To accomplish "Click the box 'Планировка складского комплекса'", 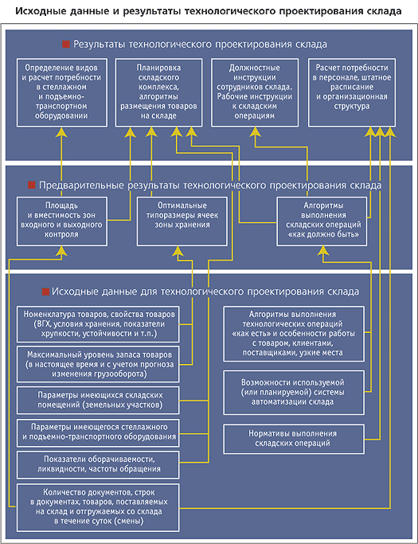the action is coord(159,92).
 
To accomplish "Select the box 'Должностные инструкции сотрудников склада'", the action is coord(255,92).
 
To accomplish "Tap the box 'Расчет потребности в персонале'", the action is coord(352,92).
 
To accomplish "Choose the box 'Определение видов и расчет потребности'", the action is coord(62,92).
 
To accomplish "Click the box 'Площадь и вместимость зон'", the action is coord(62,221).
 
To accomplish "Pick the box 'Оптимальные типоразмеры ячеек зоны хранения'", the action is coord(182,221).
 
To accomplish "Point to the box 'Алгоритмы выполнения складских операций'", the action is coord(322,221).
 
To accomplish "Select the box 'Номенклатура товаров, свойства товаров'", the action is coord(98,324).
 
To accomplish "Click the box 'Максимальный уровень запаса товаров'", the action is coord(98,364).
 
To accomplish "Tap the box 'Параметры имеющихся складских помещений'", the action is coord(98,400).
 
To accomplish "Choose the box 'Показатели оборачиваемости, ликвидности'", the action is coord(98,464).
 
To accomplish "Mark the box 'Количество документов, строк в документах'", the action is coord(98,507).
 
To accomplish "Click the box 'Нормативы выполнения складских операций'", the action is coord(294,439).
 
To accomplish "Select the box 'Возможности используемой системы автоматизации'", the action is coord(294,393).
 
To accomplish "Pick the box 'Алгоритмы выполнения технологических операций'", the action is coord(294,334).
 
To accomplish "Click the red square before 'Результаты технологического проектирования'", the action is coord(66,45).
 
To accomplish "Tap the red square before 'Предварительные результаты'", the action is coord(32,185).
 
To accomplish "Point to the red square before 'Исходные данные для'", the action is coord(45,292).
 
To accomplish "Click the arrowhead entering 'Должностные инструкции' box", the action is coord(256,131).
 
